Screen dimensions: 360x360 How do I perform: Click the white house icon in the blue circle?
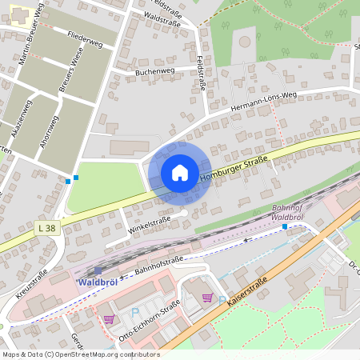[180, 172]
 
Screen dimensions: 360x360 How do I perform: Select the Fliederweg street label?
[85, 38]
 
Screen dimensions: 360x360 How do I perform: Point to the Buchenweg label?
[155, 70]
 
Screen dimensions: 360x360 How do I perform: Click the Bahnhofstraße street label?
[160, 265]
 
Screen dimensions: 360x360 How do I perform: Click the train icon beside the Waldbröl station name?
[98, 271]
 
